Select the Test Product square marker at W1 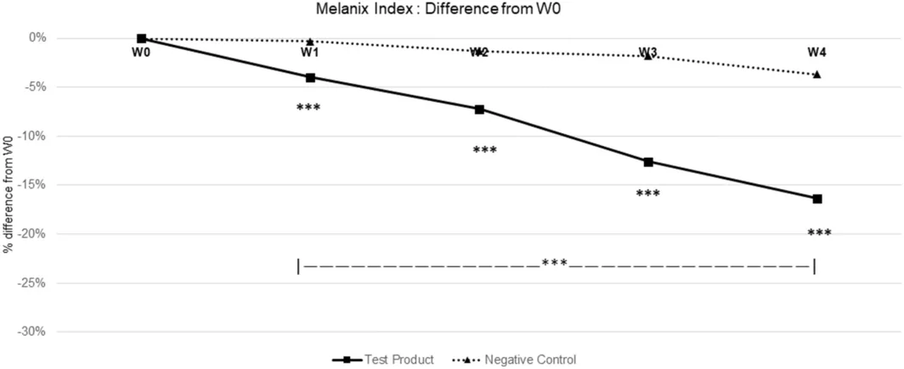click(x=310, y=77)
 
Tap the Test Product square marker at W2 click(x=479, y=109)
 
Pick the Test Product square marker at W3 click(x=648, y=162)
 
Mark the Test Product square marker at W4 click(x=817, y=198)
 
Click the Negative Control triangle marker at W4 click(x=817, y=75)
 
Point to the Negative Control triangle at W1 click(x=310, y=42)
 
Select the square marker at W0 click(x=141, y=38)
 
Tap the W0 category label click(x=141, y=53)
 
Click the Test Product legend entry click(x=383, y=360)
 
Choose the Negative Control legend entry click(x=511, y=360)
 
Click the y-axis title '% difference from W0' click(x=8, y=183)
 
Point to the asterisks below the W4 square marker click(x=819, y=233)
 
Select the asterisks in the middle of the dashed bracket click(x=555, y=264)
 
